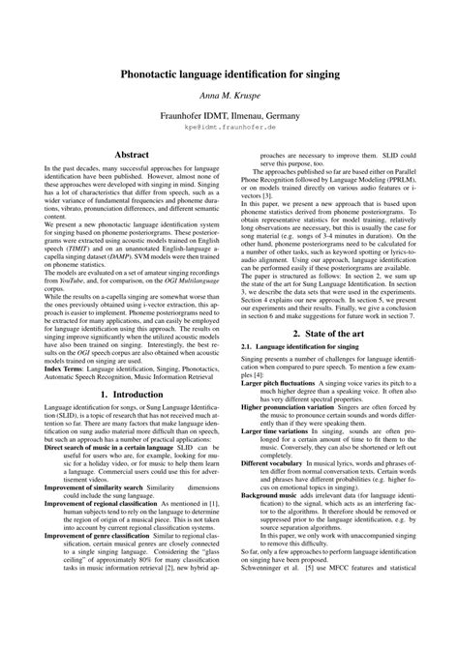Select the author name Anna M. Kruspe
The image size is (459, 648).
pos(229,98)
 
